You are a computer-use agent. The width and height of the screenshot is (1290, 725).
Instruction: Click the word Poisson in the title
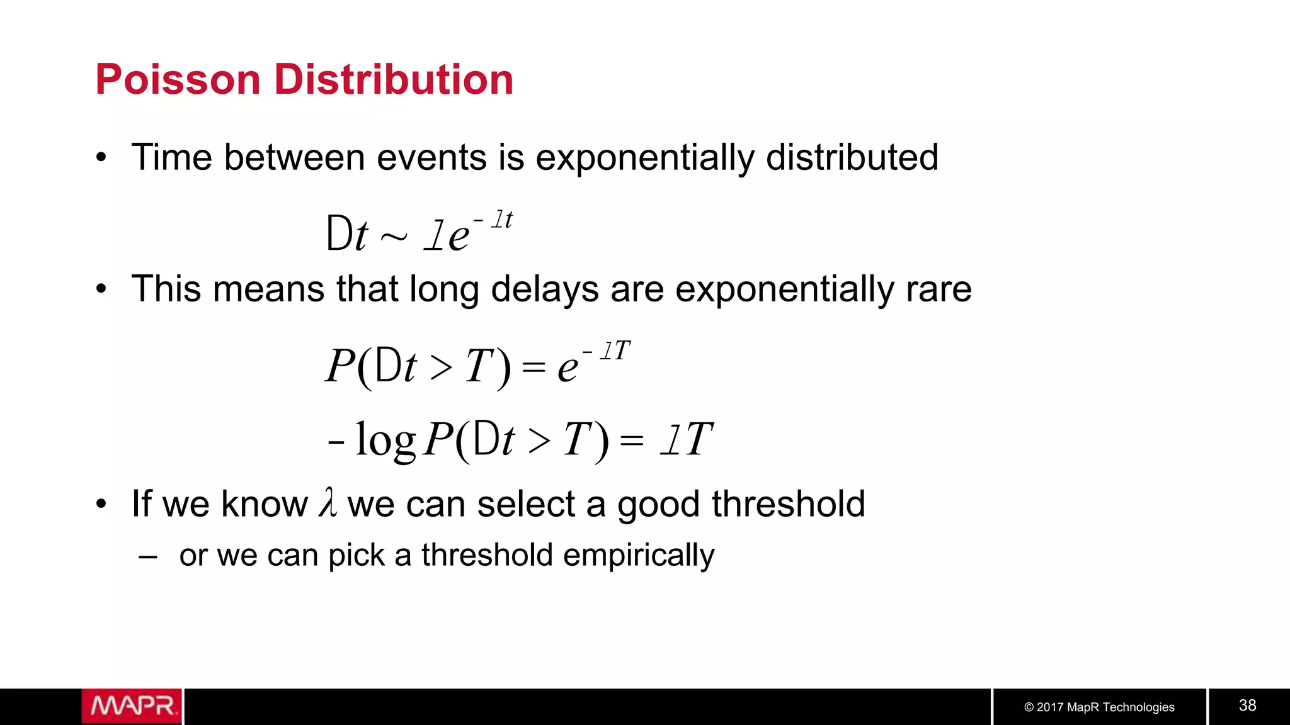point(178,80)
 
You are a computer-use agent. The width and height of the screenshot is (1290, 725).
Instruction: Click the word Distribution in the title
point(394,80)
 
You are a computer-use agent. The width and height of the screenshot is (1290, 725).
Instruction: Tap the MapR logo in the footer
point(132,706)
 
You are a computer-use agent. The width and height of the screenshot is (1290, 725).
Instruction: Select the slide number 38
point(1247,705)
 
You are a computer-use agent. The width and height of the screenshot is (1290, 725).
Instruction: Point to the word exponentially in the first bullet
point(644,158)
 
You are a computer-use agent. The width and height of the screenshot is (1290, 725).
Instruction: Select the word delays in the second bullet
point(545,290)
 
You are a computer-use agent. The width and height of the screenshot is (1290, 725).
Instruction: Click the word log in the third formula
point(385,440)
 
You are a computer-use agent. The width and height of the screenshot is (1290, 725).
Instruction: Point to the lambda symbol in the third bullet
point(328,503)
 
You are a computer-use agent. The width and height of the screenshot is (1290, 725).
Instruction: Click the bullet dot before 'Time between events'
point(101,158)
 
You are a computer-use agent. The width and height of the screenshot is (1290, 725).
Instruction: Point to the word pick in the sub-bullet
point(356,556)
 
